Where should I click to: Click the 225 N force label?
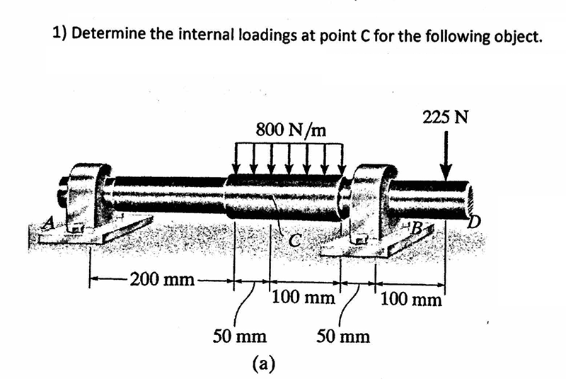click(x=444, y=117)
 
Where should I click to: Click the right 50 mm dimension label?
click(x=343, y=336)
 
